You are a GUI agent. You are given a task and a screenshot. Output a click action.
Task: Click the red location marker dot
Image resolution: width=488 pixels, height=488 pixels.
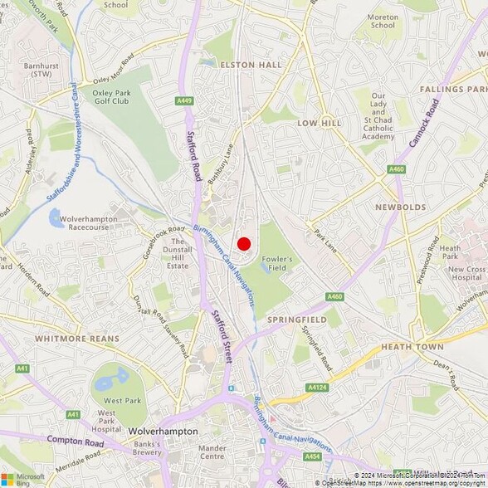[244, 243]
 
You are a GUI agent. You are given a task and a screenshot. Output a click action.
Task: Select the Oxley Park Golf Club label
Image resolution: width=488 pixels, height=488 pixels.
[112, 97]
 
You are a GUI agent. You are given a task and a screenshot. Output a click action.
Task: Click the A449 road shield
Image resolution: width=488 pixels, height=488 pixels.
[184, 101]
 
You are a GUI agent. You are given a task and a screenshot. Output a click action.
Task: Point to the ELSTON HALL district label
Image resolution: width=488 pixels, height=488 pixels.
[251, 64]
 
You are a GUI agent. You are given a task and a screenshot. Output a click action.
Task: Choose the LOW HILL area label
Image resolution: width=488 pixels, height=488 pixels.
[320, 122]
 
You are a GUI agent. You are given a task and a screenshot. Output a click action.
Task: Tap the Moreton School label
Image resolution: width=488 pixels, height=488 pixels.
[383, 20]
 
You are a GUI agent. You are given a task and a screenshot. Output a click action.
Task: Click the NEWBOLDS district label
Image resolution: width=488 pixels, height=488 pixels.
[400, 207]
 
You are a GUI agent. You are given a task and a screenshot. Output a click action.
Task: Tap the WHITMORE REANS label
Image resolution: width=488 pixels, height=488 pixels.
[77, 339]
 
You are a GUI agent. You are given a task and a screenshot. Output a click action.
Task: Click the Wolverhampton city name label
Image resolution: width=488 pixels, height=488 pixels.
[163, 432]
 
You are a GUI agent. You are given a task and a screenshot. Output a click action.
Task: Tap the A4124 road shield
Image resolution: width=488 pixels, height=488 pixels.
[317, 388]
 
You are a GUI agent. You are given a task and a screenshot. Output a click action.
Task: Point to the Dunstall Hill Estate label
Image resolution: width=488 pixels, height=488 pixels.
[178, 253]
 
